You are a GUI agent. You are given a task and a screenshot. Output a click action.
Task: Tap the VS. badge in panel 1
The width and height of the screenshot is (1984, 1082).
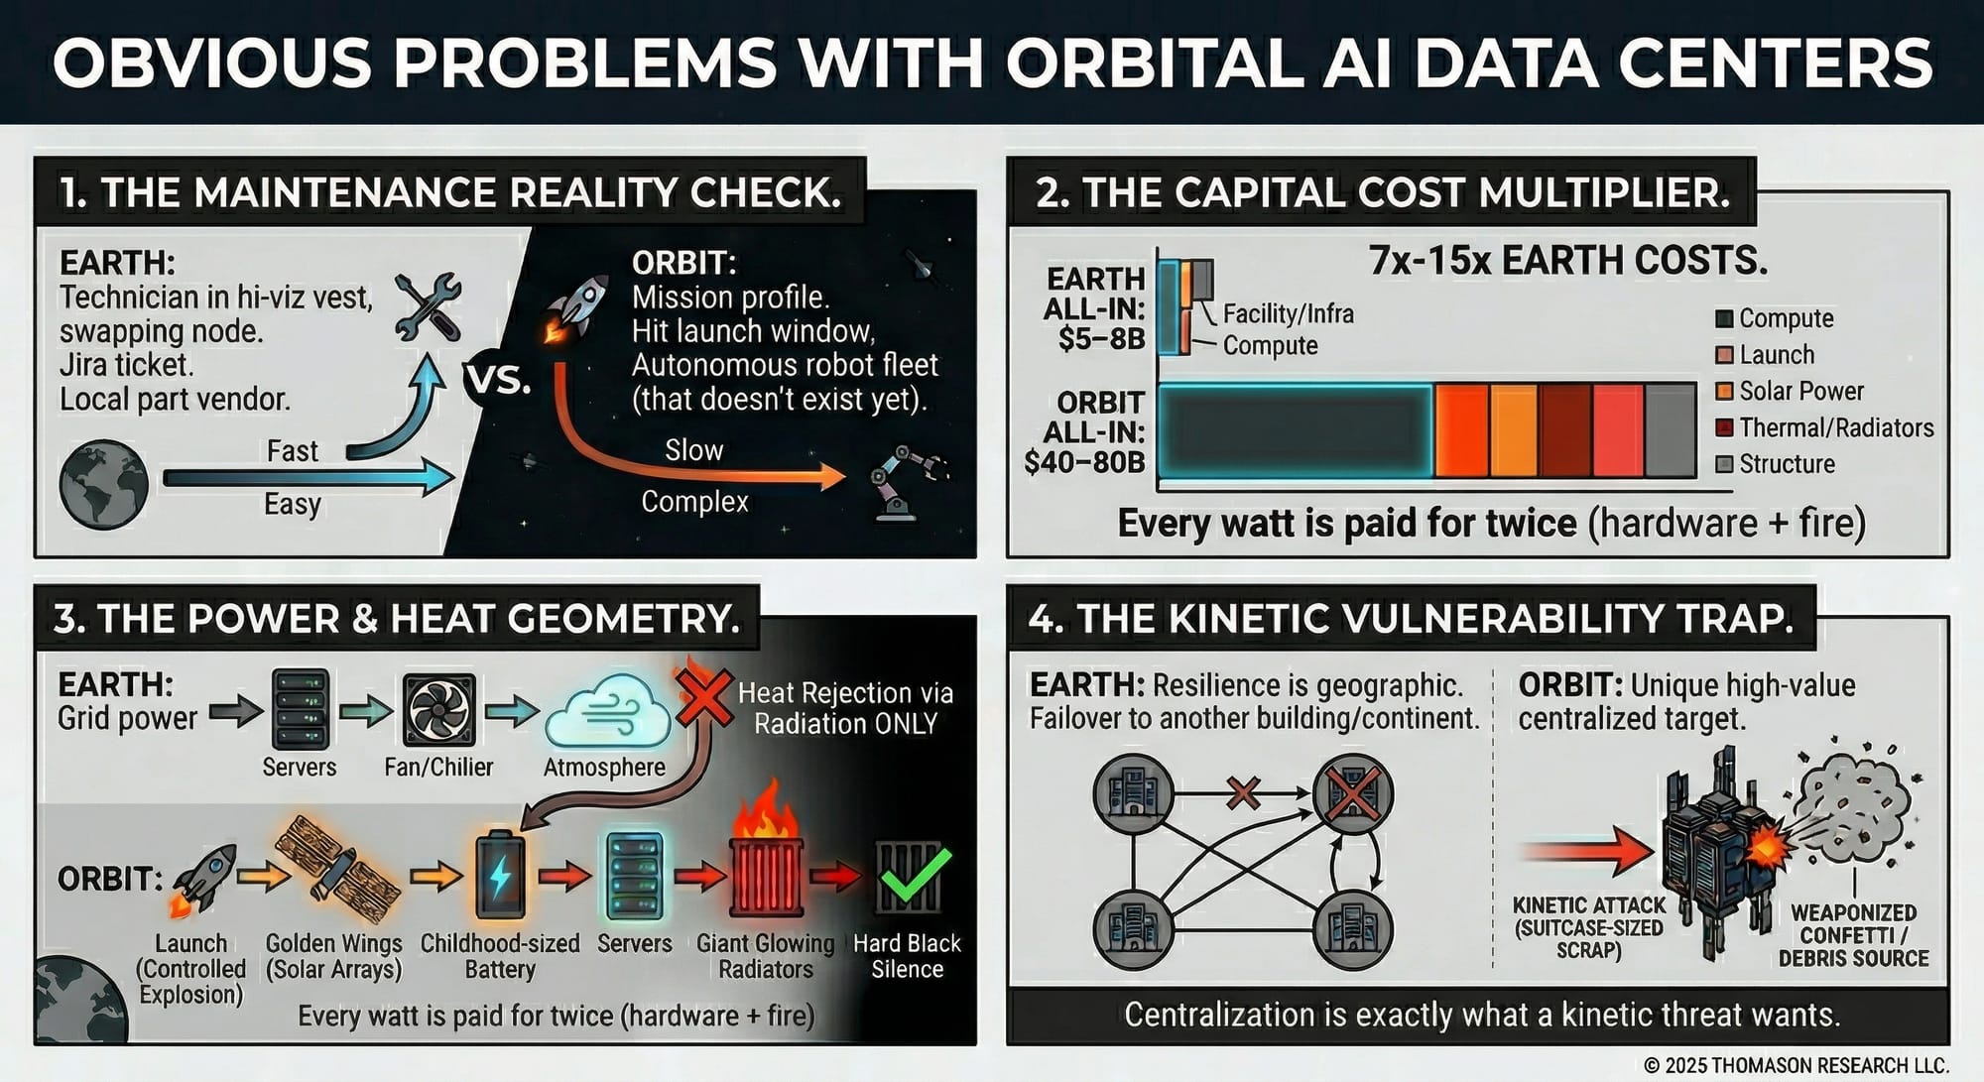pyautogui.click(x=498, y=380)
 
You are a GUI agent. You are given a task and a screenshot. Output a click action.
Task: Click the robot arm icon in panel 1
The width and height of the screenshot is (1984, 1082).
pyautogui.click(x=905, y=482)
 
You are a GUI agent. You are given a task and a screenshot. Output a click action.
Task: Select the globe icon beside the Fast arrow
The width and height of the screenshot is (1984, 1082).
pyautogui.click(x=103, y=484)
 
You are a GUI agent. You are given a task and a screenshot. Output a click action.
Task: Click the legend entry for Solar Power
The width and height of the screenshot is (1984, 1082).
pyautogui.click(x=1790, y=391)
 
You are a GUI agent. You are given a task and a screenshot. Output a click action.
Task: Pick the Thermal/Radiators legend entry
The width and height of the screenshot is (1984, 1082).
pyautogui.click(x=1824, y=427)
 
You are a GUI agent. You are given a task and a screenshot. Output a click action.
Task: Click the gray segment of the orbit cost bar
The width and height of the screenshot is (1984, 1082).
pyautogui.click(x=1670, y=430)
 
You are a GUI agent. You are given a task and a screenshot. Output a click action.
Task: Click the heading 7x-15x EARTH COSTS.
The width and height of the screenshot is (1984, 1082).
pyautogui.click(x=1567, y=260)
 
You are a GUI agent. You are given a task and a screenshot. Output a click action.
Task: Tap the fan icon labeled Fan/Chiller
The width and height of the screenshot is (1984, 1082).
pyautogui.click(x=438, y=710)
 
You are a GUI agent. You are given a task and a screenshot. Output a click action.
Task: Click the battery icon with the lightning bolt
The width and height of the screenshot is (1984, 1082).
pyautogui.click(x=500, y=875)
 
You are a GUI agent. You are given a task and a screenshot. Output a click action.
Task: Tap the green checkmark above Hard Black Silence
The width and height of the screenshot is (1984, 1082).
pyautogui.click(x=914, y=875)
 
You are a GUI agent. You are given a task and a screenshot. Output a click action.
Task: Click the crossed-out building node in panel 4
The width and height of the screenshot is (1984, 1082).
pyautogui.click(x=1353, y=794)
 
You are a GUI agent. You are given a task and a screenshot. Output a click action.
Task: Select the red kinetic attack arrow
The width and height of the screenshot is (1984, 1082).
pyautogui.click(x=1586, y=851)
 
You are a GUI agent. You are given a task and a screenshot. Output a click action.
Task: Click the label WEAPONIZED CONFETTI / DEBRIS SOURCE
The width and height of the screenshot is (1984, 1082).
pyautogui.click(x=1853, y=935)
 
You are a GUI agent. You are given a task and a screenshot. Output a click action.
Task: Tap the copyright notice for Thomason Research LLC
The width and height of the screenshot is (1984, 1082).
pyautogui.click(x=1797, y=1065)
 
